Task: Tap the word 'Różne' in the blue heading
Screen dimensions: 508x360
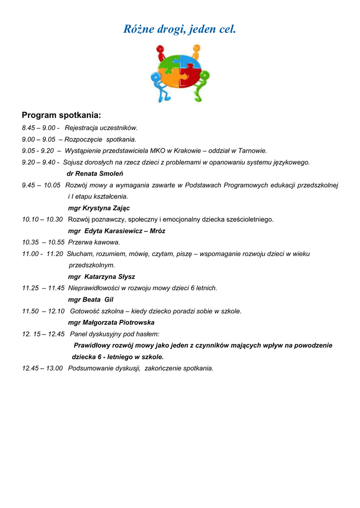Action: [138, 30]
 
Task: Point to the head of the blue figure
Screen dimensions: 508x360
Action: [155, 77]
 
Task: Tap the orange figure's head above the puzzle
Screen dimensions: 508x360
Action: [196, 49]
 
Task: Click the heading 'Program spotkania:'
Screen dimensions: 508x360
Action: [62, 116]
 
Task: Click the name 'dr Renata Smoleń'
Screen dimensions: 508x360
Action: [95, 174]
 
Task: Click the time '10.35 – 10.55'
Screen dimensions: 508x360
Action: [43, 243]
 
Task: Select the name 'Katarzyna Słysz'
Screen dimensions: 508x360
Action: [110, 277]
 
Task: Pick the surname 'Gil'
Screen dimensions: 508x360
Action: [109, 300]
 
